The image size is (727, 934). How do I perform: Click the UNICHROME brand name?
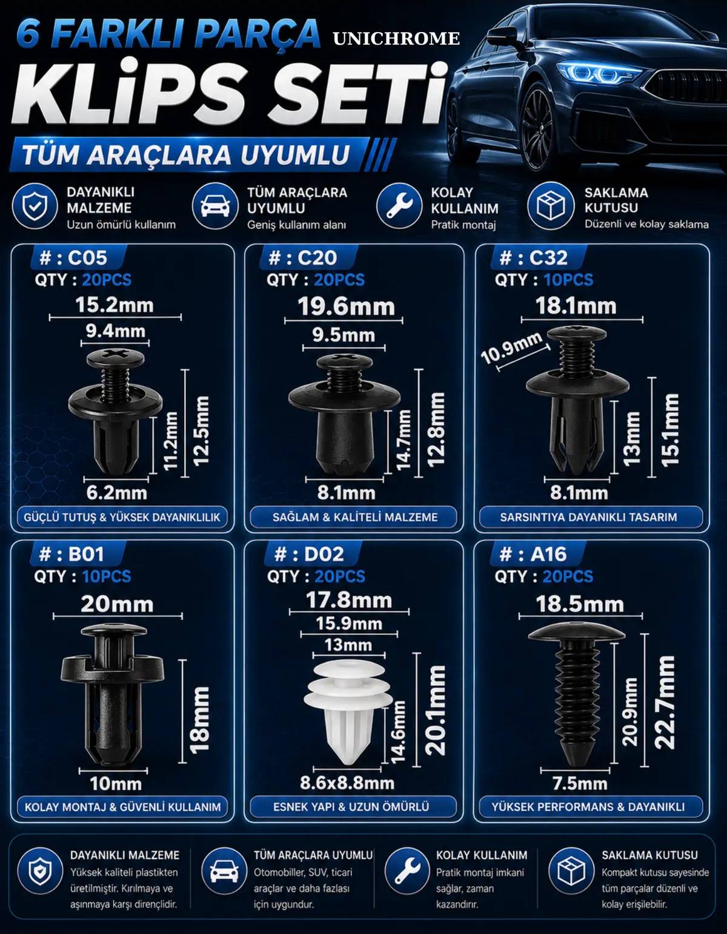396,39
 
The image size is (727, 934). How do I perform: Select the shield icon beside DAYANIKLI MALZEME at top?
35,206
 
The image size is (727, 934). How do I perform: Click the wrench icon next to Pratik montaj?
399,206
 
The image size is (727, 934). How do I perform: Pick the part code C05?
87,258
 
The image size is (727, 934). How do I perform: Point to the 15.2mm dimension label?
115,304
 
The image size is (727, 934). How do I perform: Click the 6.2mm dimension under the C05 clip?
116,493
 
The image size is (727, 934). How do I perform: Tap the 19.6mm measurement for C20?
347,306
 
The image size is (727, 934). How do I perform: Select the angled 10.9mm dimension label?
511,347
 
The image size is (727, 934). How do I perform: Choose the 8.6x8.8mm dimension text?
347,783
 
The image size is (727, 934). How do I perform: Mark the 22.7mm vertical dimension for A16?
665,702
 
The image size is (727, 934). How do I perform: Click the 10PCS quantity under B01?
107,576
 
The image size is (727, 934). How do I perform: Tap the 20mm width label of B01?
117,604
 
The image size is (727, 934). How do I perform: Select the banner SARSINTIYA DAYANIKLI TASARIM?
588,517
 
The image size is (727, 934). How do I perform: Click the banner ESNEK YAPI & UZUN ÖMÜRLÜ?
351,806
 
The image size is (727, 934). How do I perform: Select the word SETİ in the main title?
357,94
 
